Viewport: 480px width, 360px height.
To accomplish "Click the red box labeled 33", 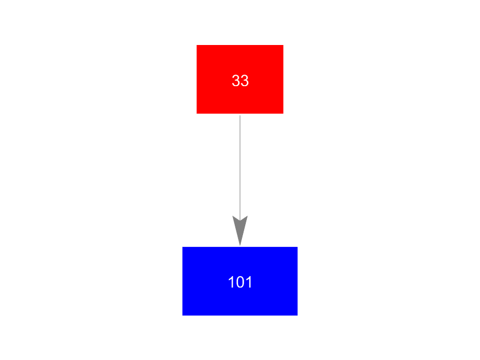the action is tap(240, 79).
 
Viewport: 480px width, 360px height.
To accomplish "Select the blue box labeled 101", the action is tap(240, 281).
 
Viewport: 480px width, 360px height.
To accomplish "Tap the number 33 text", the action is tap(240, 81).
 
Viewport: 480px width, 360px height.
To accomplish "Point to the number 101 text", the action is tap(240, 282).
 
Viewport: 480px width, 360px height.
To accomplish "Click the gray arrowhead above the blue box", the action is tap(240, 230).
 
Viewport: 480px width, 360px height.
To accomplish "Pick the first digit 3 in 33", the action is tap(236, 81).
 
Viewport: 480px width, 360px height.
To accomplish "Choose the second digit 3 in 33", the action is tap(245, 81).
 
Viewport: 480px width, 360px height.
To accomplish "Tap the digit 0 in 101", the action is tap(240, 282).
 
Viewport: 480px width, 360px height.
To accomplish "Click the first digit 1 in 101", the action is tap(231, 282).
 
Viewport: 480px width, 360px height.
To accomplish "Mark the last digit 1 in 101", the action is tap(249, 282).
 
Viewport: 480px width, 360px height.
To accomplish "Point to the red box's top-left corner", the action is tap(196, 45).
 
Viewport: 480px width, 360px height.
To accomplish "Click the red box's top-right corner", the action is tap(284, 45).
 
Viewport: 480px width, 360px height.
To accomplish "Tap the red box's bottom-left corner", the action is tap(196, 114).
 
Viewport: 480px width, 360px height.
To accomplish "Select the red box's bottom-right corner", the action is tap(284, 114).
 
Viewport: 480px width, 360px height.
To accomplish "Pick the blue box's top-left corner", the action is tap(183, 247).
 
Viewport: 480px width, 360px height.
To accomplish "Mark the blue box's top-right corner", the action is tap(297, 247).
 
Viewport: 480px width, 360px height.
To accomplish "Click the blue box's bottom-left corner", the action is tap(183, 316).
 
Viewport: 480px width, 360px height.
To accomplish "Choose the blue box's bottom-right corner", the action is tap(297, 316).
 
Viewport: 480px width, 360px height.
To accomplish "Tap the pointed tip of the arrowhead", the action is tap(240, 245).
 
